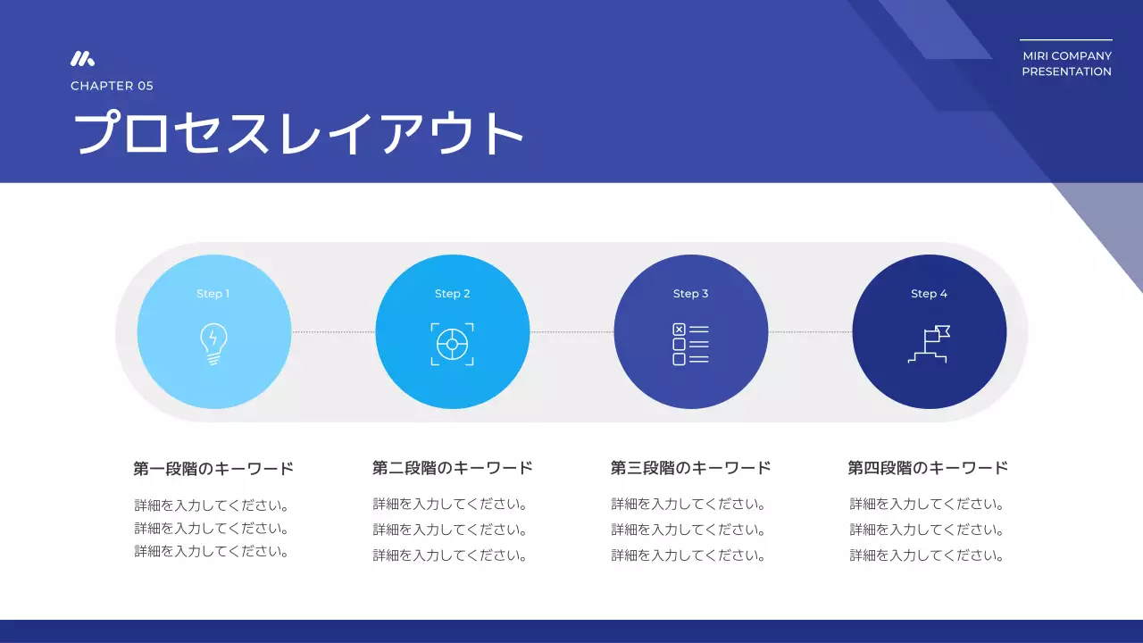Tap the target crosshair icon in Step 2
(x=453, y=345)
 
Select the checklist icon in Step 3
(x=690, y=345)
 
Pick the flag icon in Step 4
(x=929, y=345)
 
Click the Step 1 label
(x=213, y=294)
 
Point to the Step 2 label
(x=453, y=294)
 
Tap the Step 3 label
(x=691, y=294)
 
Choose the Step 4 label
(x=930, y=294)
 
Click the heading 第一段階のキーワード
(x=213, y=468)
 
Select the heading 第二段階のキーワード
(x=453, y=468)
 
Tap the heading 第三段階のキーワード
(x=691, y=468)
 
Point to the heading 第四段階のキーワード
(x=929, y=468)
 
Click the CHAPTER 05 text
(x=112, y=86)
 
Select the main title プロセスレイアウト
(x=297, y=134)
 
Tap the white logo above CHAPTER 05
(x=82, y=59)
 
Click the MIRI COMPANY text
(x=1067, y=56)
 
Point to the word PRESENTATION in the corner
(x=1067, y=71)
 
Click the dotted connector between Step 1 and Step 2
(x=333, y=332)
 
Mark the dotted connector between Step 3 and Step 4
(x=810, y=332)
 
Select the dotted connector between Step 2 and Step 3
(x=571, y=332)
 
